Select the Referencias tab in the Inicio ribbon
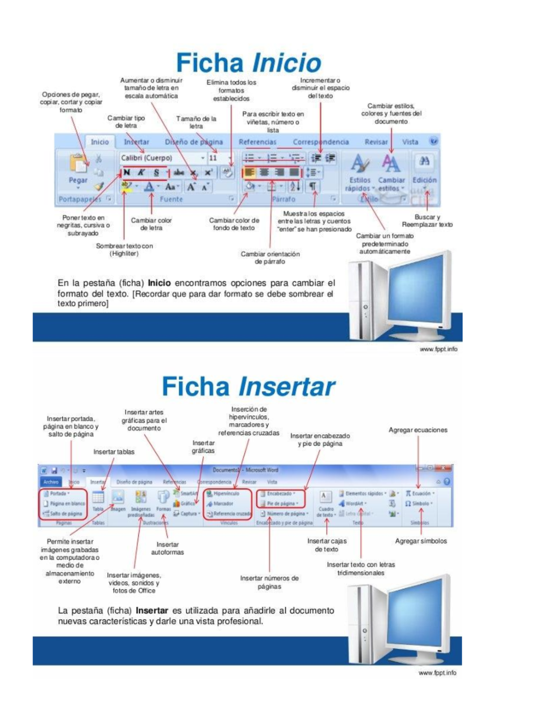coord(257,142)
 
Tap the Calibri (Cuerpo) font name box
coord(161,158)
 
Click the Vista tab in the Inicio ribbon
coord(410,142)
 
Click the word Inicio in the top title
coord(286,63)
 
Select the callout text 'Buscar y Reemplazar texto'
coord(427,221)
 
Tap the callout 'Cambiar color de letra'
coord(151,224)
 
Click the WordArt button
coord(355,503)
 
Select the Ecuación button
coord(420,494)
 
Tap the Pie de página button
coord(280,503)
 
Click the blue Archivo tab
coord(51,482)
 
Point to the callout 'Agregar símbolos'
coord(421,541)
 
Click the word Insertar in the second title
coord(287,387)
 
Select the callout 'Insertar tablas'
coord(114,452)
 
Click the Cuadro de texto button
coord(326,504)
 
